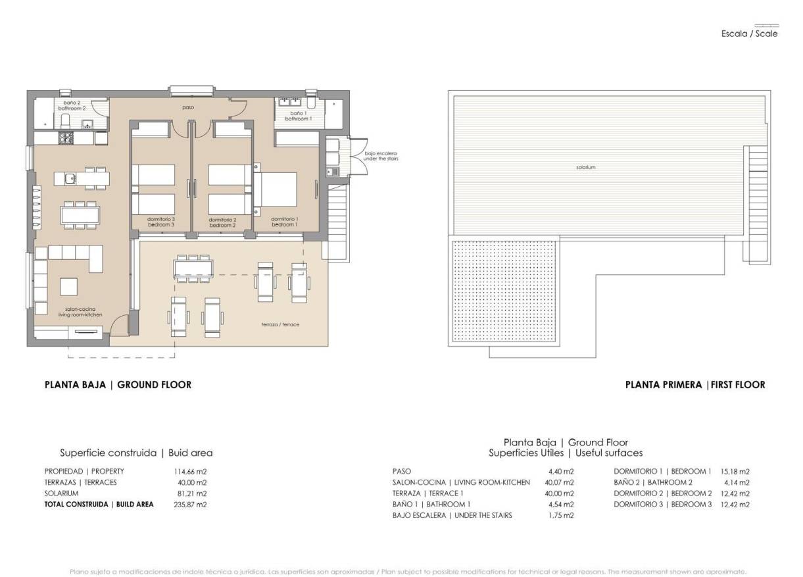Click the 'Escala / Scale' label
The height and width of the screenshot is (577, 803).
(749, 34)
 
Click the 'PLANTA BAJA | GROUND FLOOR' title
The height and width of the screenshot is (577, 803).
(118, 385)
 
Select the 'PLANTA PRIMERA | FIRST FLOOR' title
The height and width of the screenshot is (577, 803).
(694, 385)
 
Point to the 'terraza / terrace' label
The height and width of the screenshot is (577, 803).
(280, 324)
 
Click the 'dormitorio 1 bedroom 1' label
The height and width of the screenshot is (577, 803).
(283, 222)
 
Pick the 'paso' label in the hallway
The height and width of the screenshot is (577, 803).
(188, 107)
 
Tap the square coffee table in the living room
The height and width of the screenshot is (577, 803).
(70, 287)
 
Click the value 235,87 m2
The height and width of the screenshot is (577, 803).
(190, 505)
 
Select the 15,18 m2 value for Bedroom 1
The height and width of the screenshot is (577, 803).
(735, 472)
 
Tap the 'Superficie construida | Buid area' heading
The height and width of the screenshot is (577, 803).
(136, 453)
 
